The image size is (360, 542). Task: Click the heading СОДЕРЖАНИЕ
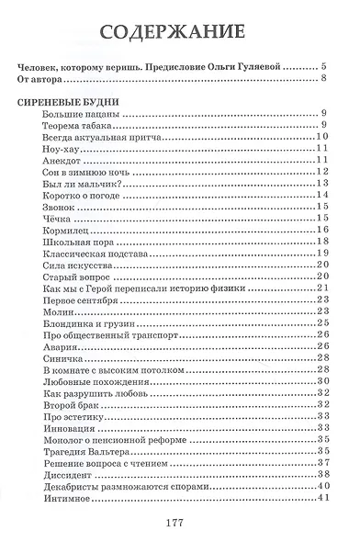click(179, 30)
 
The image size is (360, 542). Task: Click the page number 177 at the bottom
click(179, 520)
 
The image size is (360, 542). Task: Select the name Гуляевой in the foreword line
click(254, 66)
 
